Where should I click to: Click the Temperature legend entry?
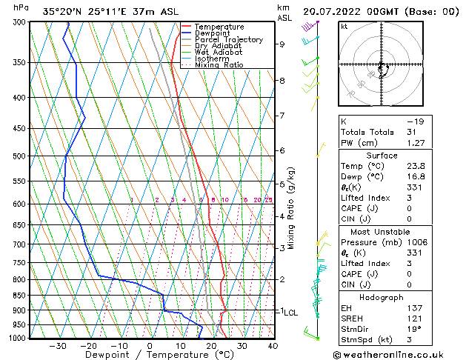(x=218, y=27)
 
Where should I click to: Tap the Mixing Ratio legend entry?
(x=219, y=65)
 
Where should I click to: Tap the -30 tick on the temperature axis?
(x=58, y=346)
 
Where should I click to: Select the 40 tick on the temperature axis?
(x=273, y=346)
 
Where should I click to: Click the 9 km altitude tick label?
(x=282, y=44)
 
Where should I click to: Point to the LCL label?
(x=290, y=313)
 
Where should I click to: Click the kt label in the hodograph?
(x=344, y=27)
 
